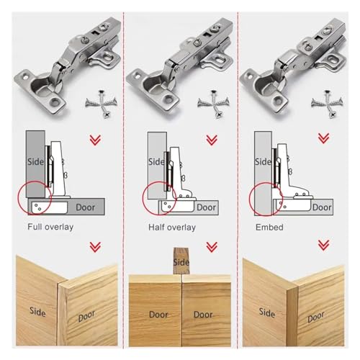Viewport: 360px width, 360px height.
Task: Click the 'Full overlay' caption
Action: [50, 227]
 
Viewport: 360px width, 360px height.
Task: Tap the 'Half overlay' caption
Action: [172, 228]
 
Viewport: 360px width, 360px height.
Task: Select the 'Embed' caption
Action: [269, 228]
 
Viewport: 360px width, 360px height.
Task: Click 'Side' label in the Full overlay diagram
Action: [35, 162]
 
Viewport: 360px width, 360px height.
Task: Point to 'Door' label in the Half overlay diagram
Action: [206, 207]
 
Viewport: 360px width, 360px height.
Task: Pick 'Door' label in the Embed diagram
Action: [322, 207]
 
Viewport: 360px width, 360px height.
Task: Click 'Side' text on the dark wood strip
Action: [181, 262]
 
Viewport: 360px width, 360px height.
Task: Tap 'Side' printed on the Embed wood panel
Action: [267, 313]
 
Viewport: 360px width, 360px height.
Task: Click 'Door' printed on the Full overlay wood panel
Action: [86, 316]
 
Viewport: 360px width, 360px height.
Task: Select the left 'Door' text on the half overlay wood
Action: [158, 315]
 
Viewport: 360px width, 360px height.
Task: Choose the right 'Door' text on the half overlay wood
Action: [203, 315]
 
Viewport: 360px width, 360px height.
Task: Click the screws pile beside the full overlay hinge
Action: [101, 104]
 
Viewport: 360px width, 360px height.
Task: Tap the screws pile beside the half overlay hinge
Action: [213, 104]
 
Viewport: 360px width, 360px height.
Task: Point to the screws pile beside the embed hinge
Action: [327, 104]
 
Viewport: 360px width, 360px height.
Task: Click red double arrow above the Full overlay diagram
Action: [95, 140]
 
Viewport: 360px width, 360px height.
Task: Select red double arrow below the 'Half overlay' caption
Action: [212, 247]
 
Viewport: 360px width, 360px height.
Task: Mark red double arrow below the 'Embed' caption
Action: [323, 246]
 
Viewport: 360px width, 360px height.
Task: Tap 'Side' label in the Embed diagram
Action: [263, 162]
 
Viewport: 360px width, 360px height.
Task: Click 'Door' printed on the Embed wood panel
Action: [316, 317]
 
